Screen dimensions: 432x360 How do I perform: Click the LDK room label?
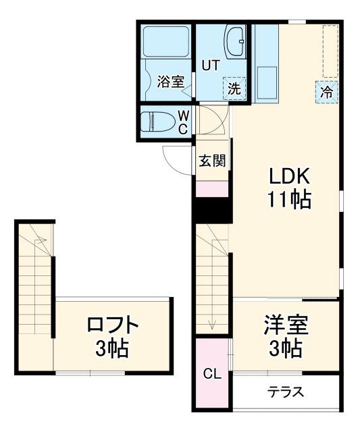pos(290,176)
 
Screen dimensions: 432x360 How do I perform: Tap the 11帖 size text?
pos(290,200)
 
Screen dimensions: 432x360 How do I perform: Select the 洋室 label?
pos(285,326)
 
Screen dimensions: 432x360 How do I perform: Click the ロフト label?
pos(113,326)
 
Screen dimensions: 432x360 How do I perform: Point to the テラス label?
pos(286,392)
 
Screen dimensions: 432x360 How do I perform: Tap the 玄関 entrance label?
pos(211,161)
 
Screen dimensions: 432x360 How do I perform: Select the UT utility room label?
pos(209,65)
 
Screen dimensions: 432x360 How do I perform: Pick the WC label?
pos(183,122)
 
